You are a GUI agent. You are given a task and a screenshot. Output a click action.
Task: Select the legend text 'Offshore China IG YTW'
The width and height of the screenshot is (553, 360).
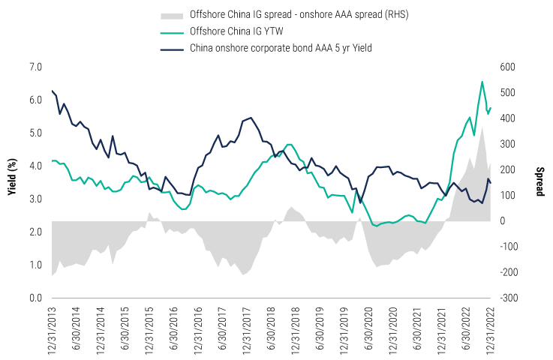[x=242, y=31]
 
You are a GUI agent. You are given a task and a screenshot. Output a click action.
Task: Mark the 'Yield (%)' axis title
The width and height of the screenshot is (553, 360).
[x=11, y=183]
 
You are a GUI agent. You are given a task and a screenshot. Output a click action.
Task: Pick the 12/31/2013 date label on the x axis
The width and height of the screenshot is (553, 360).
[x=53, y=329]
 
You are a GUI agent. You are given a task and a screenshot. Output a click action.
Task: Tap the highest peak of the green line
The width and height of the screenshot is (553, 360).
[x=482, y=82]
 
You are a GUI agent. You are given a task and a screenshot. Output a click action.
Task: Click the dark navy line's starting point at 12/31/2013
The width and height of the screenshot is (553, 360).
[x=52, y=91]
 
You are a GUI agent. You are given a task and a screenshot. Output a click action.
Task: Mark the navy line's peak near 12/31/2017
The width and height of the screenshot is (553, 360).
[x=250, y=118]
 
